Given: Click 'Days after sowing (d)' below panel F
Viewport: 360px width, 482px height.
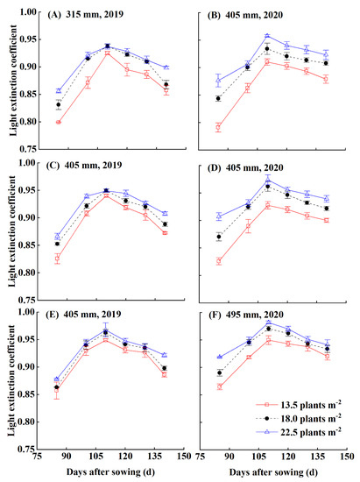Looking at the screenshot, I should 272,474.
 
